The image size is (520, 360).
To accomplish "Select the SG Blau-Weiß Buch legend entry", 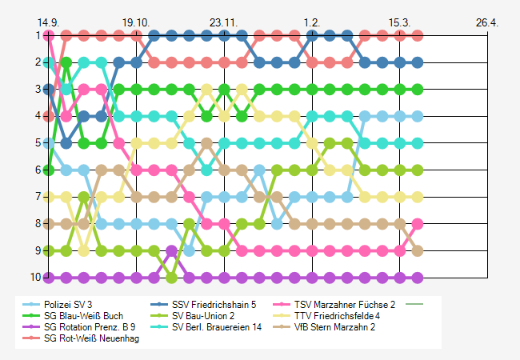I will tap(83, 316).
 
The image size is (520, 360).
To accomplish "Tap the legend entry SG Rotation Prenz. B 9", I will tap(88, 327).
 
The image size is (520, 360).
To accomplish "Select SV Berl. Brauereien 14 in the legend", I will tap(215, 327).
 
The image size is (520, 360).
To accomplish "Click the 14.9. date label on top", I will tap(49, 22).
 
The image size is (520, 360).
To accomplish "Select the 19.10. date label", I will tap(136, 22).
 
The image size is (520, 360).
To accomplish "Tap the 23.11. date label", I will tap(224, 22).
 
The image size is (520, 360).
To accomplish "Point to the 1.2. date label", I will tap(312, 22).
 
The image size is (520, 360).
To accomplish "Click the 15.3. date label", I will tap(400, 22).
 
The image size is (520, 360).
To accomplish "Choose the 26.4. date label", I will tap(487, 22).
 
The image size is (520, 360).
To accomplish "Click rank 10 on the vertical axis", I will tap(35, 278).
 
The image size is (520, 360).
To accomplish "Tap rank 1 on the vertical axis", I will tap(38, 35).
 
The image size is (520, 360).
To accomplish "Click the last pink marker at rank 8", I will tap(418, 224).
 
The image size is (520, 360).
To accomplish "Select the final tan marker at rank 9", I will tap(418, 251).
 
